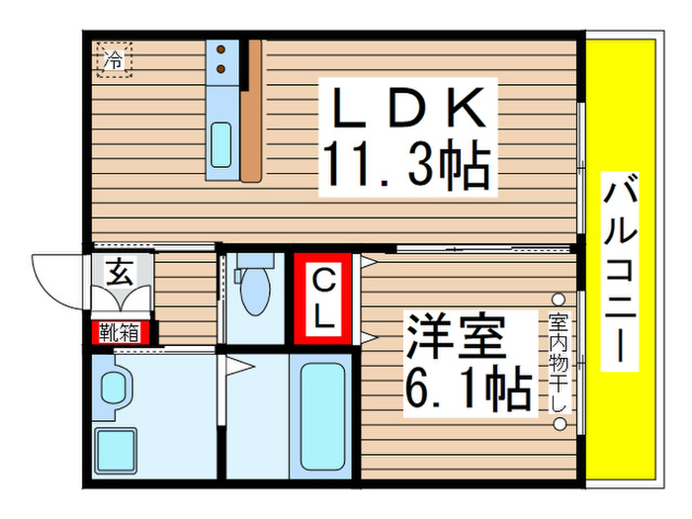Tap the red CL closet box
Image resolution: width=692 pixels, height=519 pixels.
[323, 299]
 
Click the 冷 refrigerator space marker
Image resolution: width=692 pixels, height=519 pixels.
[115, 59]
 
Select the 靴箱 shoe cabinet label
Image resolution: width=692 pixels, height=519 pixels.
[117, 332]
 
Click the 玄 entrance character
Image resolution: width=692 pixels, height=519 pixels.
[120, 271]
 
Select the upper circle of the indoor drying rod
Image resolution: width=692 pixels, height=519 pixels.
[559, 298]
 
